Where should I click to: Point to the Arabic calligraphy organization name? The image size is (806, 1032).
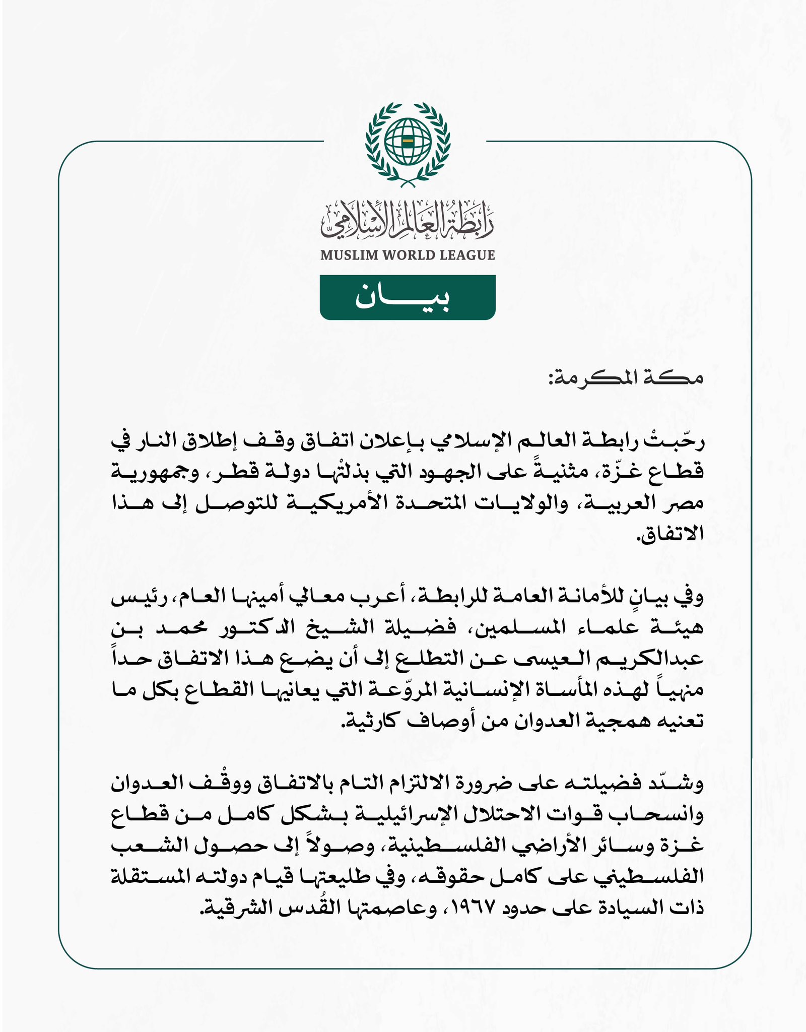point(408,220)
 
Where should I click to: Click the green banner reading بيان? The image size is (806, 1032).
point(408,297)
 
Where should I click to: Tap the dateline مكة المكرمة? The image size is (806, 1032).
point(626,377)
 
